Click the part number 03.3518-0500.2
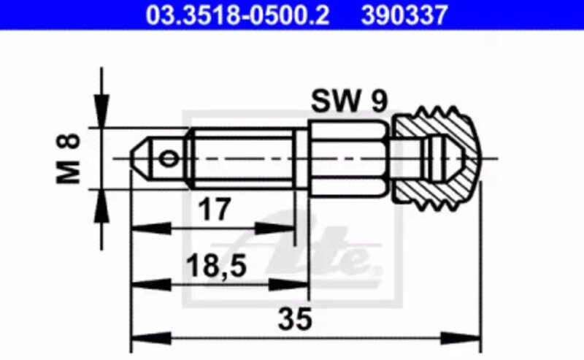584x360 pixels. [237, 15]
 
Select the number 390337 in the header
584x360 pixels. [404, 15]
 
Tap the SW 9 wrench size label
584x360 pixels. [350, 101]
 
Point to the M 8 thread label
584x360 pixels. [68, 158]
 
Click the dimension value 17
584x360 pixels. [215, 210]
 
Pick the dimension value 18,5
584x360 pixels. [216, 266]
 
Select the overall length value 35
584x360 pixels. [294, 319]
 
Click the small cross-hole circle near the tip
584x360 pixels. [169, 159]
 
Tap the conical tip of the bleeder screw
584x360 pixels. [139, 159]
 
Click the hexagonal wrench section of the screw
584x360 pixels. [349, 158]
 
